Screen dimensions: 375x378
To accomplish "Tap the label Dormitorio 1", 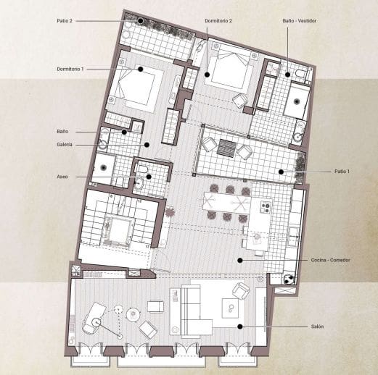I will coord(70,69).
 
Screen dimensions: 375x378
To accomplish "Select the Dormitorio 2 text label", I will coord(218,21).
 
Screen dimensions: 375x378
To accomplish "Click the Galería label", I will coord(65,145).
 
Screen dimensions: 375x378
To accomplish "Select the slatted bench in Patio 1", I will coord(226,148).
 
